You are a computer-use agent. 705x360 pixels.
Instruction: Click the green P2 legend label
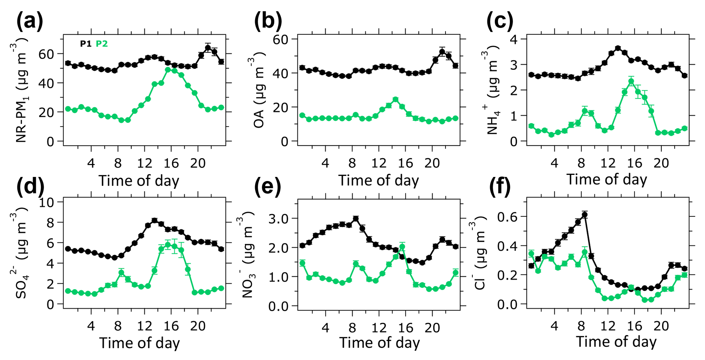(x=102, y=44)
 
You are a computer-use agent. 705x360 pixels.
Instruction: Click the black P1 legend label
(x=85, y=44)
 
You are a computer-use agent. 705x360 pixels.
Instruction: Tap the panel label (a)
(x=30, y=21)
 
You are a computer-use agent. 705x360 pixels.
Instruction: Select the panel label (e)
(x=267, y=187)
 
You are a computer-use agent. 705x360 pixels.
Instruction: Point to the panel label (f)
(x=500, y=187)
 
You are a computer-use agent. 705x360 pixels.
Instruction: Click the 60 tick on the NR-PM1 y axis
(x=46, y=54)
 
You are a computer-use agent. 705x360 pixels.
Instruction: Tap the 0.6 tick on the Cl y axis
(x=507, y=217)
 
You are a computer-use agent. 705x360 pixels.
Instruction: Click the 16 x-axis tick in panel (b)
(x=405, y=163)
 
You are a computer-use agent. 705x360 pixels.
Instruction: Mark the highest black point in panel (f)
(x=585, y=215)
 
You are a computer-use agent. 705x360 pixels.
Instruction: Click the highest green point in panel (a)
(x=168, y=70)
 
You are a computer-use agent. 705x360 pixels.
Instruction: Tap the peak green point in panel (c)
(x=631, y=81)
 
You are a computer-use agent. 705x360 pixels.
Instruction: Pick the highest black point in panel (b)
(x=442, y=52)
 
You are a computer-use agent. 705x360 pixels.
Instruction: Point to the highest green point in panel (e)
(x=402, y=246)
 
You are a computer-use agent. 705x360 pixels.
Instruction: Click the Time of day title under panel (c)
(x=607, y=180)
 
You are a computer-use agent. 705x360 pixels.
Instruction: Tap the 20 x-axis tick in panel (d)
(x=198, y=326)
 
